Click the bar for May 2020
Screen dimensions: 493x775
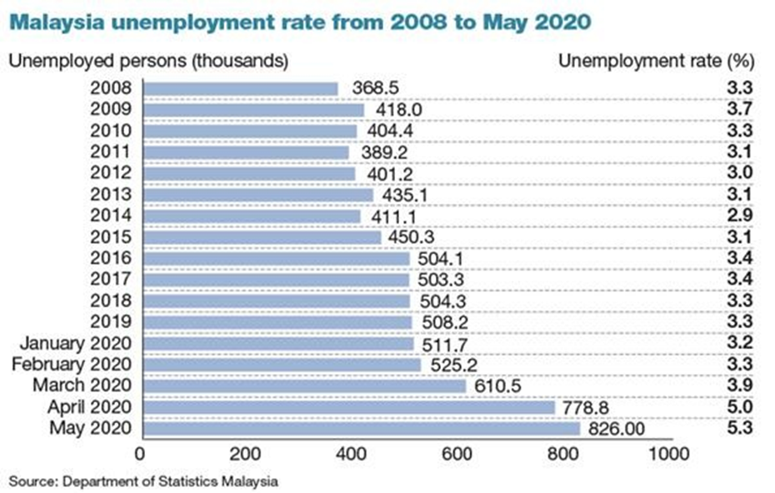(362, 429)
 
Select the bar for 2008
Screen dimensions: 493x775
(242, 88)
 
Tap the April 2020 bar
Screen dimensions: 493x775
(350, 407)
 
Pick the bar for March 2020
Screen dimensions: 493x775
(305, 386)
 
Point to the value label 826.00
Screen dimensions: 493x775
(617, 429)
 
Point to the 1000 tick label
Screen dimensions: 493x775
(668, 453)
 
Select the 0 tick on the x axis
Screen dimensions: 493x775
(140, 453)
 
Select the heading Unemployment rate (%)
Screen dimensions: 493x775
(655, 61)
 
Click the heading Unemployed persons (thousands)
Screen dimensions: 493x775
(148, 61)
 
